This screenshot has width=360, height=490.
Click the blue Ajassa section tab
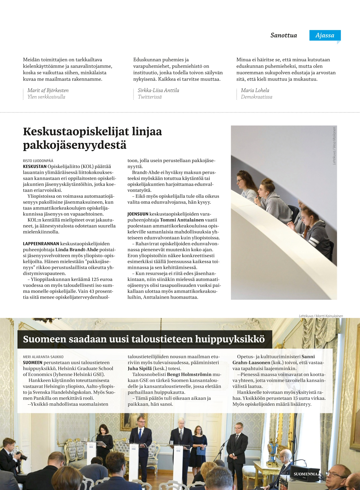pyautogui.click(x=325, y=35)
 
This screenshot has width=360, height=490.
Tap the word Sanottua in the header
pyautogui.click(x=283, y=35)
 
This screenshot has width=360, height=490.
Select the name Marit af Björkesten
pyautogui.click(x=48, y=90)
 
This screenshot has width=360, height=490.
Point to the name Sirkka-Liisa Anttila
pyautogui.click(x=158, y=90)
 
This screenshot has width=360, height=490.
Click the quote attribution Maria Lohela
pyautogui.click(x=255, y=90)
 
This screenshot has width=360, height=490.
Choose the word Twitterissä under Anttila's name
pyautogui.click(x=150, y=97)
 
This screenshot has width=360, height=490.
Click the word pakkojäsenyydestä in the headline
pyautogui.click(x=75, y=145)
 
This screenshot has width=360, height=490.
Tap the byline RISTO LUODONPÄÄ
pyautogui.click(x=38, y=161)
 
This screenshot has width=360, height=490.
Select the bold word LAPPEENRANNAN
pyautogui.click(x=41, y=244)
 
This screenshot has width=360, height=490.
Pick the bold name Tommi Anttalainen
pyautogui.click(x=182, y=220)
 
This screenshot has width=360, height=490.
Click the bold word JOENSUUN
pyautogui.click(x=138, y=214)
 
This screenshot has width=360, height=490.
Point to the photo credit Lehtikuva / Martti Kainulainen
pyautogui.click(x=321, y=316)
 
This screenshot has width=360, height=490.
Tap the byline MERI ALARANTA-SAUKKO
pyautogui.click(x=43, y=357)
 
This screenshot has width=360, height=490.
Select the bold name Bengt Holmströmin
pyautogui.click(x=189, y=374)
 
